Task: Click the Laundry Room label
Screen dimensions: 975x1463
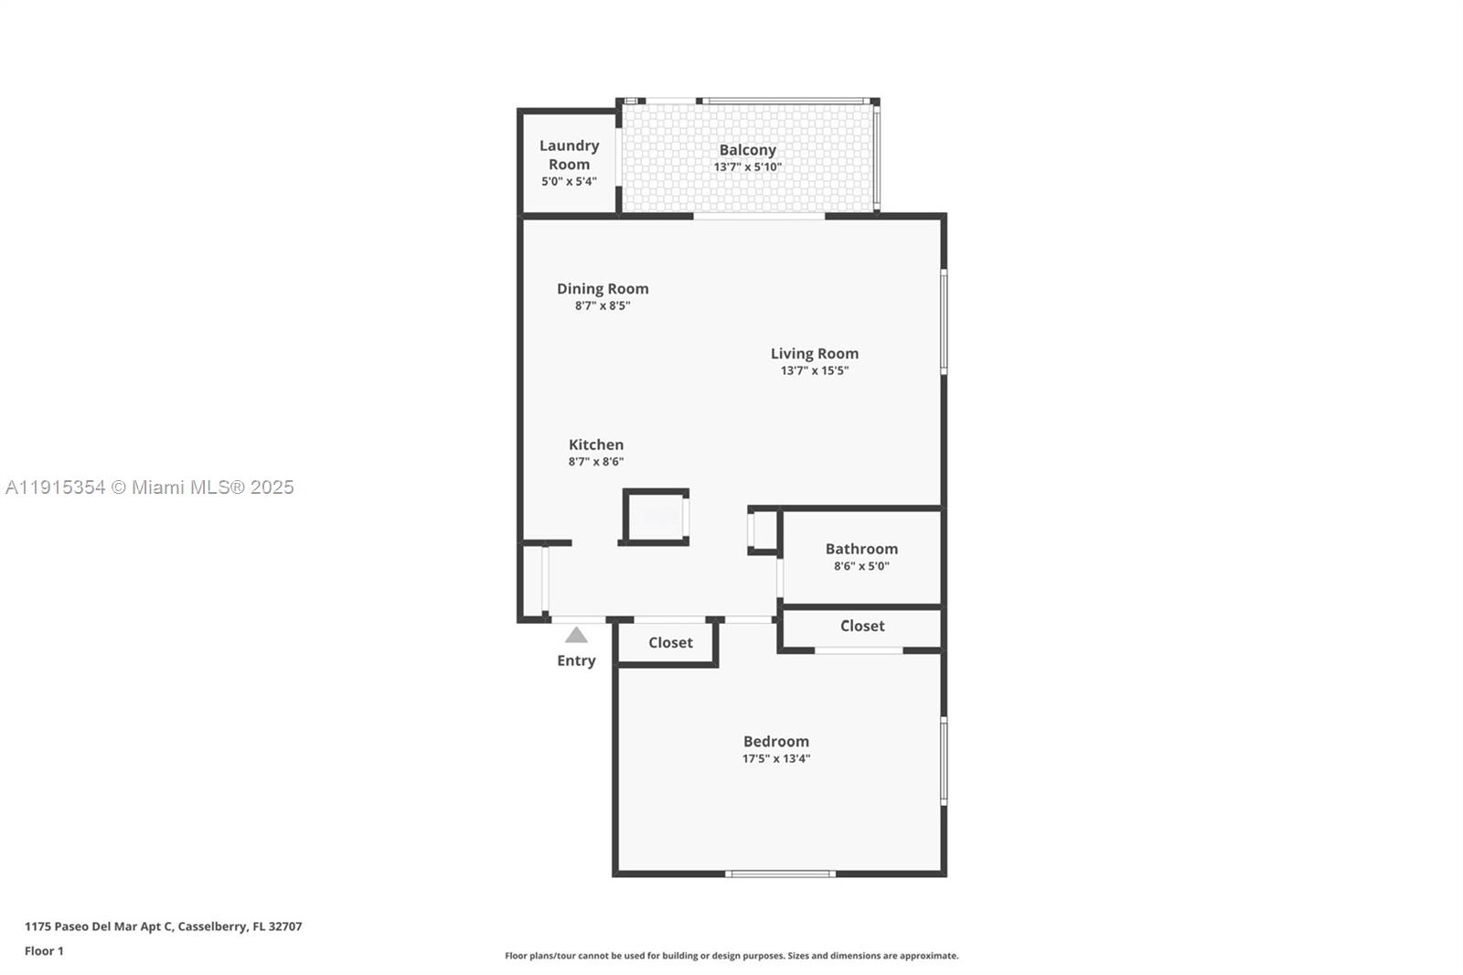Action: tap(569, 155)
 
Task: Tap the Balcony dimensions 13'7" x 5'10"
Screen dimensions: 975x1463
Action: tap(747, 167)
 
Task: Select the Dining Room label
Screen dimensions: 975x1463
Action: tap(603, 288)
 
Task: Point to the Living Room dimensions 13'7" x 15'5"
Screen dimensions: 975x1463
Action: tap(814, 370)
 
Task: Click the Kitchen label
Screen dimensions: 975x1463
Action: tap(596, 445)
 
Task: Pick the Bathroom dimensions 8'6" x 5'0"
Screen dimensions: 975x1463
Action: tap(860, 566)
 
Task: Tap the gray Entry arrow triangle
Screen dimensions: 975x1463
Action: tap(576, 635)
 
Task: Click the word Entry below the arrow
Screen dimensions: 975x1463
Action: tap(576, 660)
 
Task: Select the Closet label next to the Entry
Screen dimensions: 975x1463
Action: tap(670, 642)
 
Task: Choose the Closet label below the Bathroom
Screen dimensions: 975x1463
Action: tap(862, 626)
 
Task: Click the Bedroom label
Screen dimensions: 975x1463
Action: tap(775, 741)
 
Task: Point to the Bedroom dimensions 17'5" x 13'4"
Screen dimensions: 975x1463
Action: tap(775, 758)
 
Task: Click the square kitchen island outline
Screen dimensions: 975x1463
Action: tap(655, 517)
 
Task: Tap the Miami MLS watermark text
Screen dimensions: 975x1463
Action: tap(150, 487)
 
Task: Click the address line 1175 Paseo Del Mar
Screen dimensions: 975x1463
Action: tap(163, 926)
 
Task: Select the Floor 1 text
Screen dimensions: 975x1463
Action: tap(44, 951)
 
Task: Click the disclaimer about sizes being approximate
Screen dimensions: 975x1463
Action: tap(731, 956)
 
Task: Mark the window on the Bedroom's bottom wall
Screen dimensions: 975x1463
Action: tap(780, 873)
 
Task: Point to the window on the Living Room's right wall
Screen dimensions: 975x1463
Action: tap(944, 320)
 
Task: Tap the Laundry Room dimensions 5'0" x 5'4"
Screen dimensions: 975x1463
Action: tap(569, 181)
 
